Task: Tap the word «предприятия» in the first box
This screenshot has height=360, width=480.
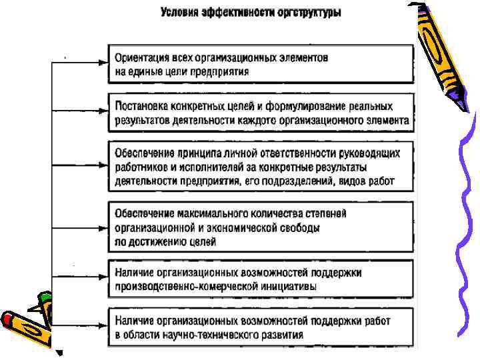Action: pos(221,71)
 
